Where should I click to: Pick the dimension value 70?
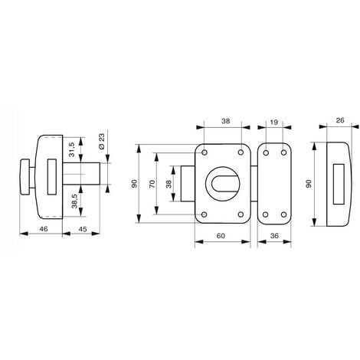(153, 185)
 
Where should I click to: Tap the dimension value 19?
(273, 120)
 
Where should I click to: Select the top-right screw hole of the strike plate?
(283, 152)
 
